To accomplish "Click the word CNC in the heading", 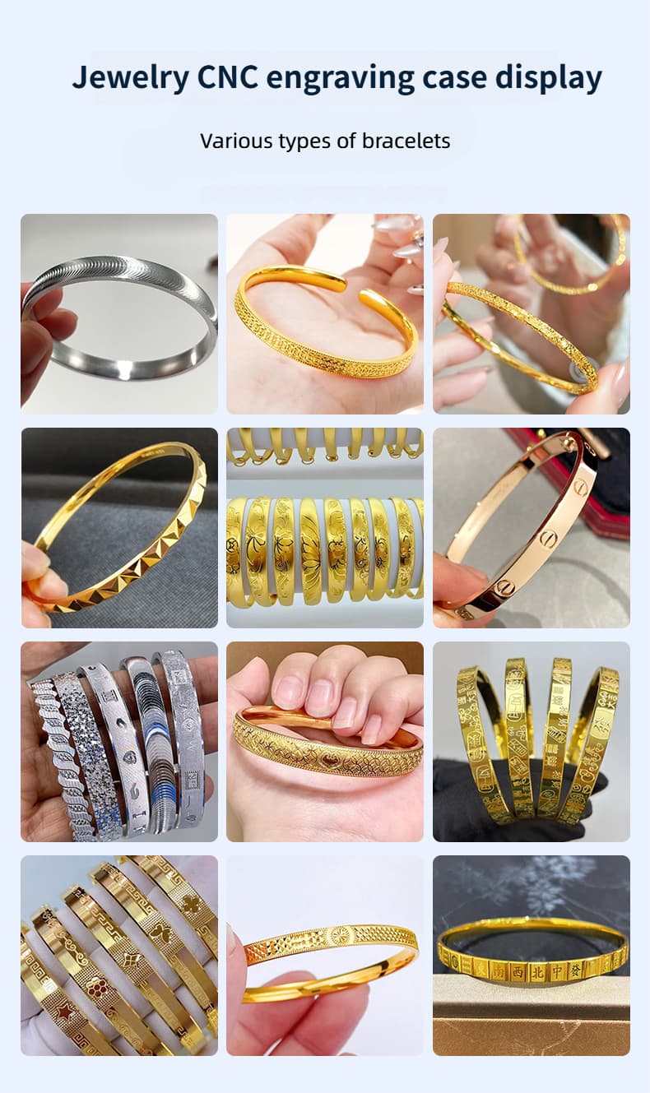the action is click(227, 77).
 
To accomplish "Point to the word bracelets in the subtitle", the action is click(406, 141).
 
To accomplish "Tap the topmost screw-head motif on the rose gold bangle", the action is click(581, 485).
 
